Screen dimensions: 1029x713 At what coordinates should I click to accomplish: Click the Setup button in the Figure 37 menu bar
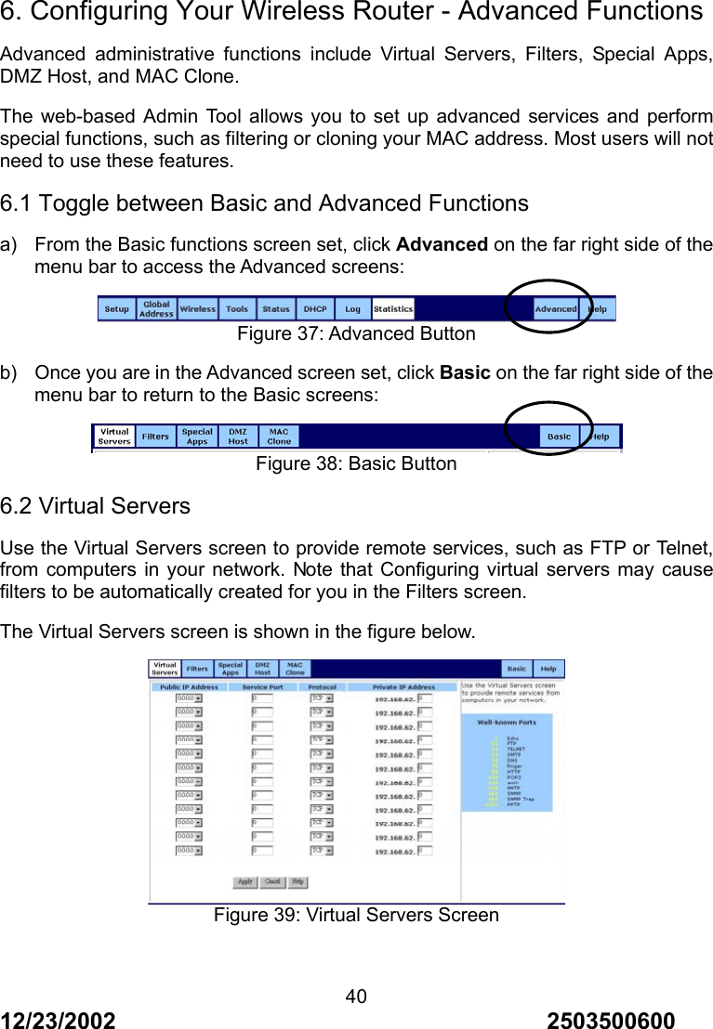click(x=117, y=309)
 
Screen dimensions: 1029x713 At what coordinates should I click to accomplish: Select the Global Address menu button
click(x=156, y=309)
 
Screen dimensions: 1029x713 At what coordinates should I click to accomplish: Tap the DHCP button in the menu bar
click(x=316, y=309)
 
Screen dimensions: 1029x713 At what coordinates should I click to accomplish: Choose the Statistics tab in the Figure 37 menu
click(x=393, y=309)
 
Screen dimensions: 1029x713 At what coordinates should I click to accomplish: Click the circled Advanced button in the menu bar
click(x=556, y=309)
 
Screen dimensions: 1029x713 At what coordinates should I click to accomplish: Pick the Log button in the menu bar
click(x=353, y=309)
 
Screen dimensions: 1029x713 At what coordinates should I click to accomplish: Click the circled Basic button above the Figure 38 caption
click(x=559, y=436)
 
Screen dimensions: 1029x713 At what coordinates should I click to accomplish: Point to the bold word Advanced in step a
click(x=442, y=245)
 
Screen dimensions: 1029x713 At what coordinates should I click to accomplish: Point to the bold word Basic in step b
click(x=465, y=373)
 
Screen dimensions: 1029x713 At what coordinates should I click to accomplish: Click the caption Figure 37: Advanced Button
click(x=356, y=333)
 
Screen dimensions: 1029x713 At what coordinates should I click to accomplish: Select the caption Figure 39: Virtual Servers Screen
click(x=356, y=915)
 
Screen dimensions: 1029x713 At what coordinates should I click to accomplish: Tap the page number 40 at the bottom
click(x=356, y=997)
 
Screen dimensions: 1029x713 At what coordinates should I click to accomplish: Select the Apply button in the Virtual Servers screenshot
click(x=245, y=881)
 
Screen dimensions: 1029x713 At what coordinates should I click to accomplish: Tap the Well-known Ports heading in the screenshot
click(x=507, y=721)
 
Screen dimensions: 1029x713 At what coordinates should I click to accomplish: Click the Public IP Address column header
click(x=189, y=687)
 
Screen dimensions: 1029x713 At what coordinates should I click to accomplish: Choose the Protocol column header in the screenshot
click(x=322, y=687)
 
